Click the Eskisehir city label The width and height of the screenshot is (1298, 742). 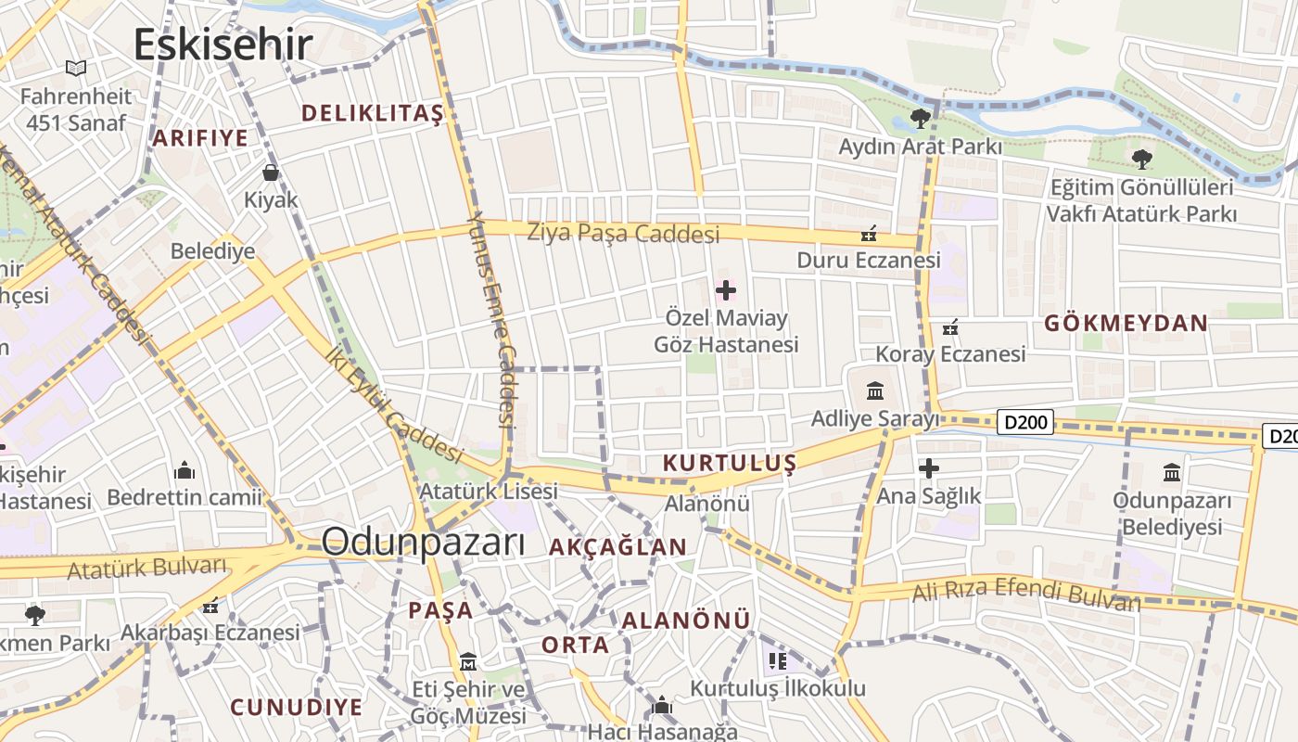pyautogui.click(x=223, y=45)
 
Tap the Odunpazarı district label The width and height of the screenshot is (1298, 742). pyautogui.click(x=423, y=543)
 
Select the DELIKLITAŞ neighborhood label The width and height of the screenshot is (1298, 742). pyautogui.click(x=373, y=113)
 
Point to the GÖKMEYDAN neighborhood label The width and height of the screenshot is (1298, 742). pyautogui.click(x=1126, y=323)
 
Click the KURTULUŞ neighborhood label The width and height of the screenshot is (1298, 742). pyautogui.click(x=730, y=463)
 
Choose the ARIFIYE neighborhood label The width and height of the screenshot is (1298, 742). pyautogui.click(x=200, y=138)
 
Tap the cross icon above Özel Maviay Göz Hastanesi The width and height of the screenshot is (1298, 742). pyautogui.click(x=726, y=290)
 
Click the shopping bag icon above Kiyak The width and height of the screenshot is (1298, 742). pyautogui.click(x=271, y=173)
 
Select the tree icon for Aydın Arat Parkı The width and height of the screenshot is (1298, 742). pyautogui.click(x=920, y=118)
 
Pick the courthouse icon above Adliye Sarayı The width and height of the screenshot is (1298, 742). pyautogui.click(x=874, y=390)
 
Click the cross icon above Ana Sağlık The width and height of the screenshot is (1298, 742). pyautogui.click(x=928, y=468)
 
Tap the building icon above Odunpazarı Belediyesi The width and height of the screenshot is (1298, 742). pyautogui.click(x=1172, y=472)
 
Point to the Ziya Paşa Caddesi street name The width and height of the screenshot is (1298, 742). pyautogui.click(x=623, y=233)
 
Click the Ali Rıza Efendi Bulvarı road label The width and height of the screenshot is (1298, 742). pyautogui.click(x=1026, y=593)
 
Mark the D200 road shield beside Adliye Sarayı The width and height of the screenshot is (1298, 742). pyautogui.click(x=1026, y=423)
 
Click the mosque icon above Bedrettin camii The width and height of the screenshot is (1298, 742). pyautogui.click(x=185, y=469)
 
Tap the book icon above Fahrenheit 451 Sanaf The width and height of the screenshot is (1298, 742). pyautogui.click(x=76, y=68)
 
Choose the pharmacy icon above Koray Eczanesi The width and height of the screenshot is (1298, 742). pyautogui.click(x=950, y=326)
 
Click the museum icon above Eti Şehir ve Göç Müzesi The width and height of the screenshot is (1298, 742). pyautogui.click(x=468, y=662)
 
